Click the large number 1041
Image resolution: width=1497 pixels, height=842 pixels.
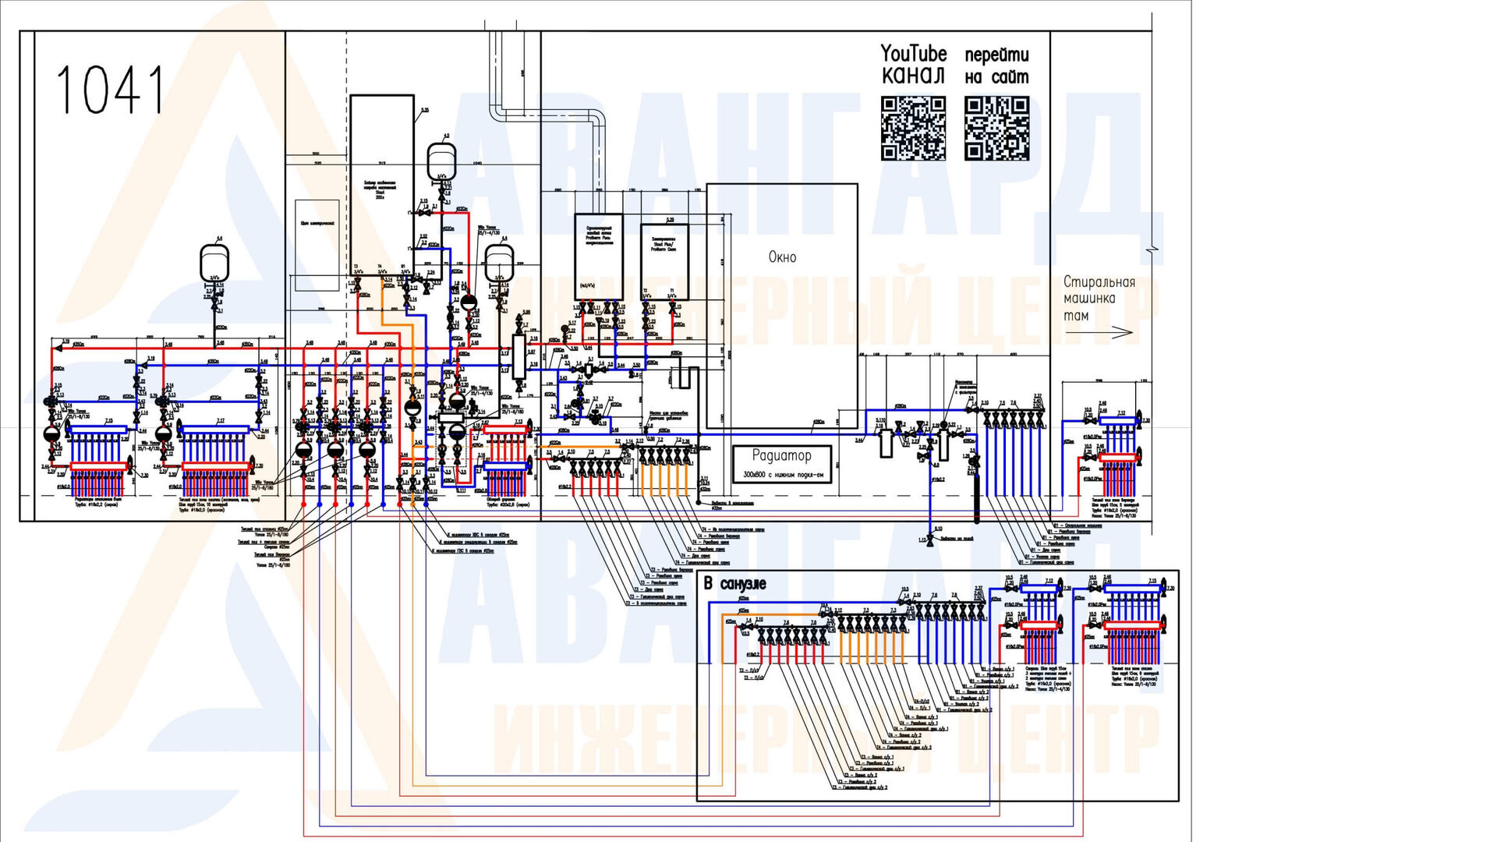click(110, 90)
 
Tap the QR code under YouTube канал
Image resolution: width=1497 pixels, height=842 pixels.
click(913, 129)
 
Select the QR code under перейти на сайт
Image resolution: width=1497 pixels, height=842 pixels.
click(996, 129)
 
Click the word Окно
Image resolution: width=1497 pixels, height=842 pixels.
click(782, 257)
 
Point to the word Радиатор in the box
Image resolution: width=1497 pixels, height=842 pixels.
click(781, 455)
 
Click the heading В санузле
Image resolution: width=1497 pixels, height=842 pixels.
click(734, 583)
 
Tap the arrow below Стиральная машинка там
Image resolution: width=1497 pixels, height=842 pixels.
click(1099, 332)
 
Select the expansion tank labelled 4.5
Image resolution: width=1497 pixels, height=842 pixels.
click(442, 161)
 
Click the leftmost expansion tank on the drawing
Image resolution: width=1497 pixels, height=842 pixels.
click(214, 262)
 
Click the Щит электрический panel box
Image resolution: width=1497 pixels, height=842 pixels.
click(317, 244)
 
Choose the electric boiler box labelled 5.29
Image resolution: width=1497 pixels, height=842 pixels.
click(664, 261)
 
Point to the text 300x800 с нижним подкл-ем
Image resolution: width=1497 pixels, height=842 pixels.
click(783, 474)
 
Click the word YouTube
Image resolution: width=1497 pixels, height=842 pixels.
click(913, 54)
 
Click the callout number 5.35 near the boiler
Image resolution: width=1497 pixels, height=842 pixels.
click(425, 110)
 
